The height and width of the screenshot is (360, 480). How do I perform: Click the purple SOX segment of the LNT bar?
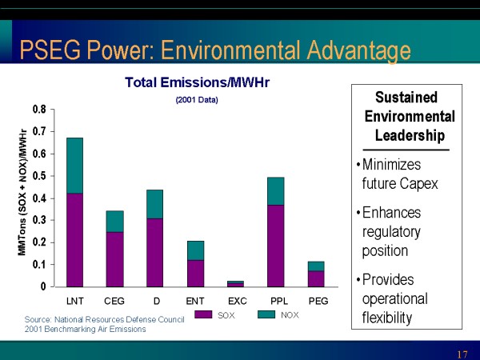point(74,240)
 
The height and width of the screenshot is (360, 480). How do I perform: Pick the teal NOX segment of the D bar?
point(155,204)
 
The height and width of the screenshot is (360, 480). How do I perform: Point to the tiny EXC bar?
point(235,283)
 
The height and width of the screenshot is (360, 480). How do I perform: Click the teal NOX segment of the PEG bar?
point(316,266)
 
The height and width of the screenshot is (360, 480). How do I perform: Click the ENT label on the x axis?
point(195,300)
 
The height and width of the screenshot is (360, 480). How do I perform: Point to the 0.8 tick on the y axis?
point(39,109)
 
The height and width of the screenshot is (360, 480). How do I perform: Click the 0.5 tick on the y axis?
point(39,175)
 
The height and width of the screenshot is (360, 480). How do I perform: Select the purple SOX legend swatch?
point(203,315)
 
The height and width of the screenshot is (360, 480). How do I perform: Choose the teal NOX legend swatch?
point(266,315)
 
